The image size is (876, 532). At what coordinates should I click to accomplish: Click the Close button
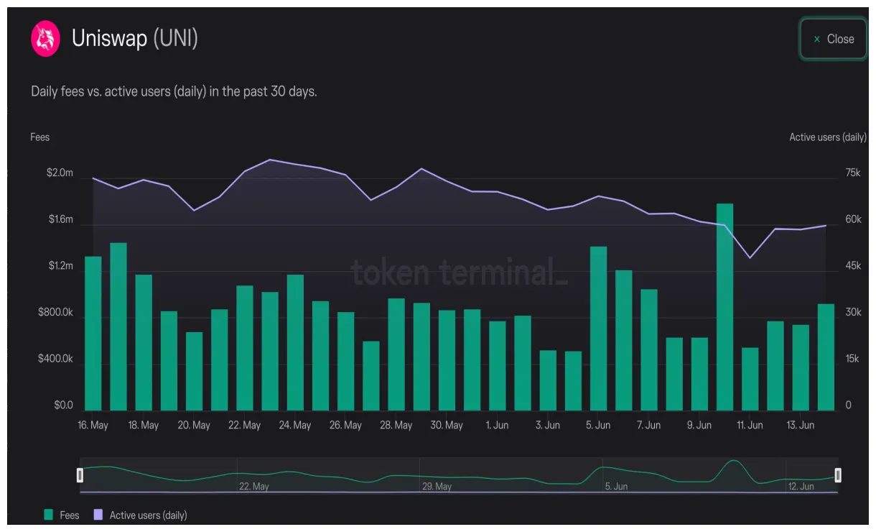click(x=833, y=39)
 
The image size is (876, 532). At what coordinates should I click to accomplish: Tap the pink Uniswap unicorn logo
click(x=45, y=38)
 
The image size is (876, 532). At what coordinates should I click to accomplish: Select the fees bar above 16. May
click(x=93, y=334)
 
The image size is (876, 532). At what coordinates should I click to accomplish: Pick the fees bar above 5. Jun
click(x=598, y=329)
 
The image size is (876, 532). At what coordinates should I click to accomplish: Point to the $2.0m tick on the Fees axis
click(x=60, y=173)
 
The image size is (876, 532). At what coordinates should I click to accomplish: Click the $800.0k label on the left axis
click(x=55, y=313)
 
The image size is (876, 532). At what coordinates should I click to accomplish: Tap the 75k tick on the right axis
click(x=853, y=173)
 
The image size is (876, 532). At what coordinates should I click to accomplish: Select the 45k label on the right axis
click(x=853, y=266)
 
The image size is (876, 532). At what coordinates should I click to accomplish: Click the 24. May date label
click(x=295, y=425)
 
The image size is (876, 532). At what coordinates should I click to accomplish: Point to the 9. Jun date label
click(x=699, y=425)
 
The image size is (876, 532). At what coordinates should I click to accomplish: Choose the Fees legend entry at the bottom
click(x=62, y=515)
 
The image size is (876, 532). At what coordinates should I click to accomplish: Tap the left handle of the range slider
click(x=80, y=474)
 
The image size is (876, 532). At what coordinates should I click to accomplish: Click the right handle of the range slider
click(x=837, y=474)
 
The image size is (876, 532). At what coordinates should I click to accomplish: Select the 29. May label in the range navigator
click(x=437, y=487)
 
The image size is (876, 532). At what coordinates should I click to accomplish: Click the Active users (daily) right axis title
click(x=827, y=137)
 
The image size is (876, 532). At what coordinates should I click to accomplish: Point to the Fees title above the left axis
click(x=40, y=137)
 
